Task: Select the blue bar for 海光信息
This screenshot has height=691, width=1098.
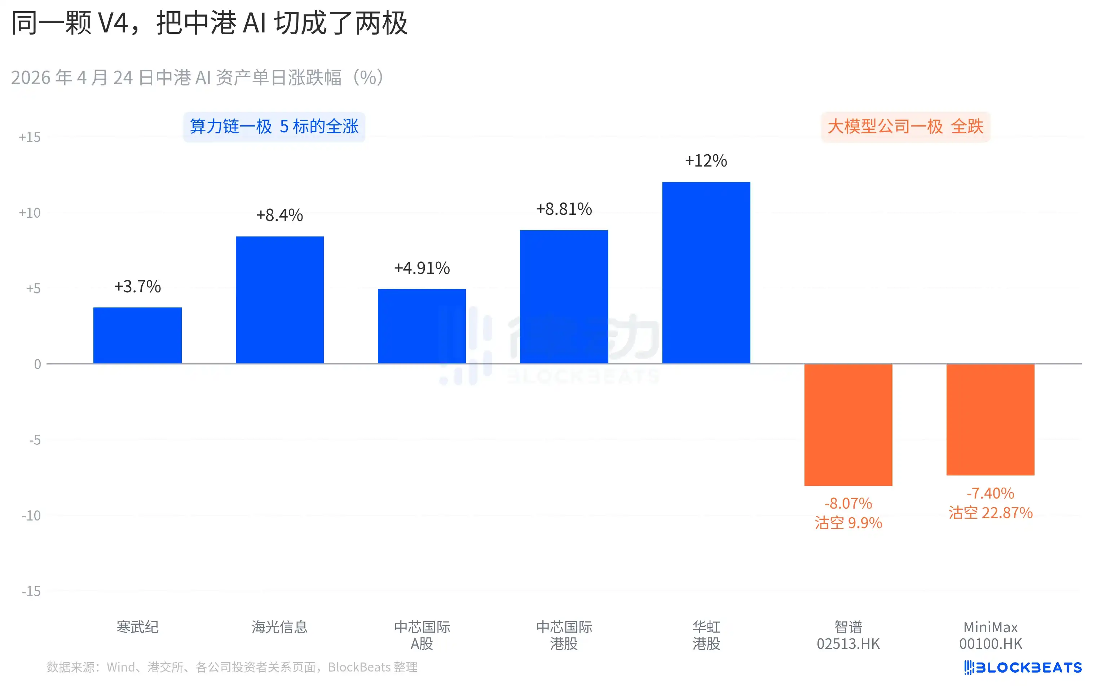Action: pyautogui.click(x=279, y=300)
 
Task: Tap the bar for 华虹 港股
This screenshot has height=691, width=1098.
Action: pyautogui.click(x=706, y=273)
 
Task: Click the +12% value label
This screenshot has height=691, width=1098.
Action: pyautogui.click(x=706, y=161)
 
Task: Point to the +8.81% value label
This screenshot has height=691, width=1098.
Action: pyautogui.click(x=564, y=209)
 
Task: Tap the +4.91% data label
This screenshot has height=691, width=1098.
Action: pyautogui.click(x=422, y=268)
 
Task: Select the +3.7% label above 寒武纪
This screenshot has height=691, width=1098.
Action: pyautogui.click(x=137, y=287)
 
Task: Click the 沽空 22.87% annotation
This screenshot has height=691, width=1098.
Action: pyautogui.click(x=991, y=513)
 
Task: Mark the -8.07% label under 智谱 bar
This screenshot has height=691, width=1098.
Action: pyautogui.click(x=848, y=503)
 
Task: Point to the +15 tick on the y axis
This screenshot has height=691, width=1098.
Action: pyautogui.click(x=30, y=137)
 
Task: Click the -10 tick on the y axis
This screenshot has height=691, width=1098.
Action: pyautogui.click(x=31, y=515)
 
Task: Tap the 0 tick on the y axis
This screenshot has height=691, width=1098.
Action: pyautogui.click(x=38, y=364)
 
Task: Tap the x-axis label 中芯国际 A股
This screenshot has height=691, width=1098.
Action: pyautogui.click(x=422, y=635)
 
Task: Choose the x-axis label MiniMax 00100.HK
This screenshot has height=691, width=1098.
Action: pyautogui.click(x=991, y=635)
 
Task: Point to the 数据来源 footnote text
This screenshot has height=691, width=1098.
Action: pyautogui.click(x=231, y=667)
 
